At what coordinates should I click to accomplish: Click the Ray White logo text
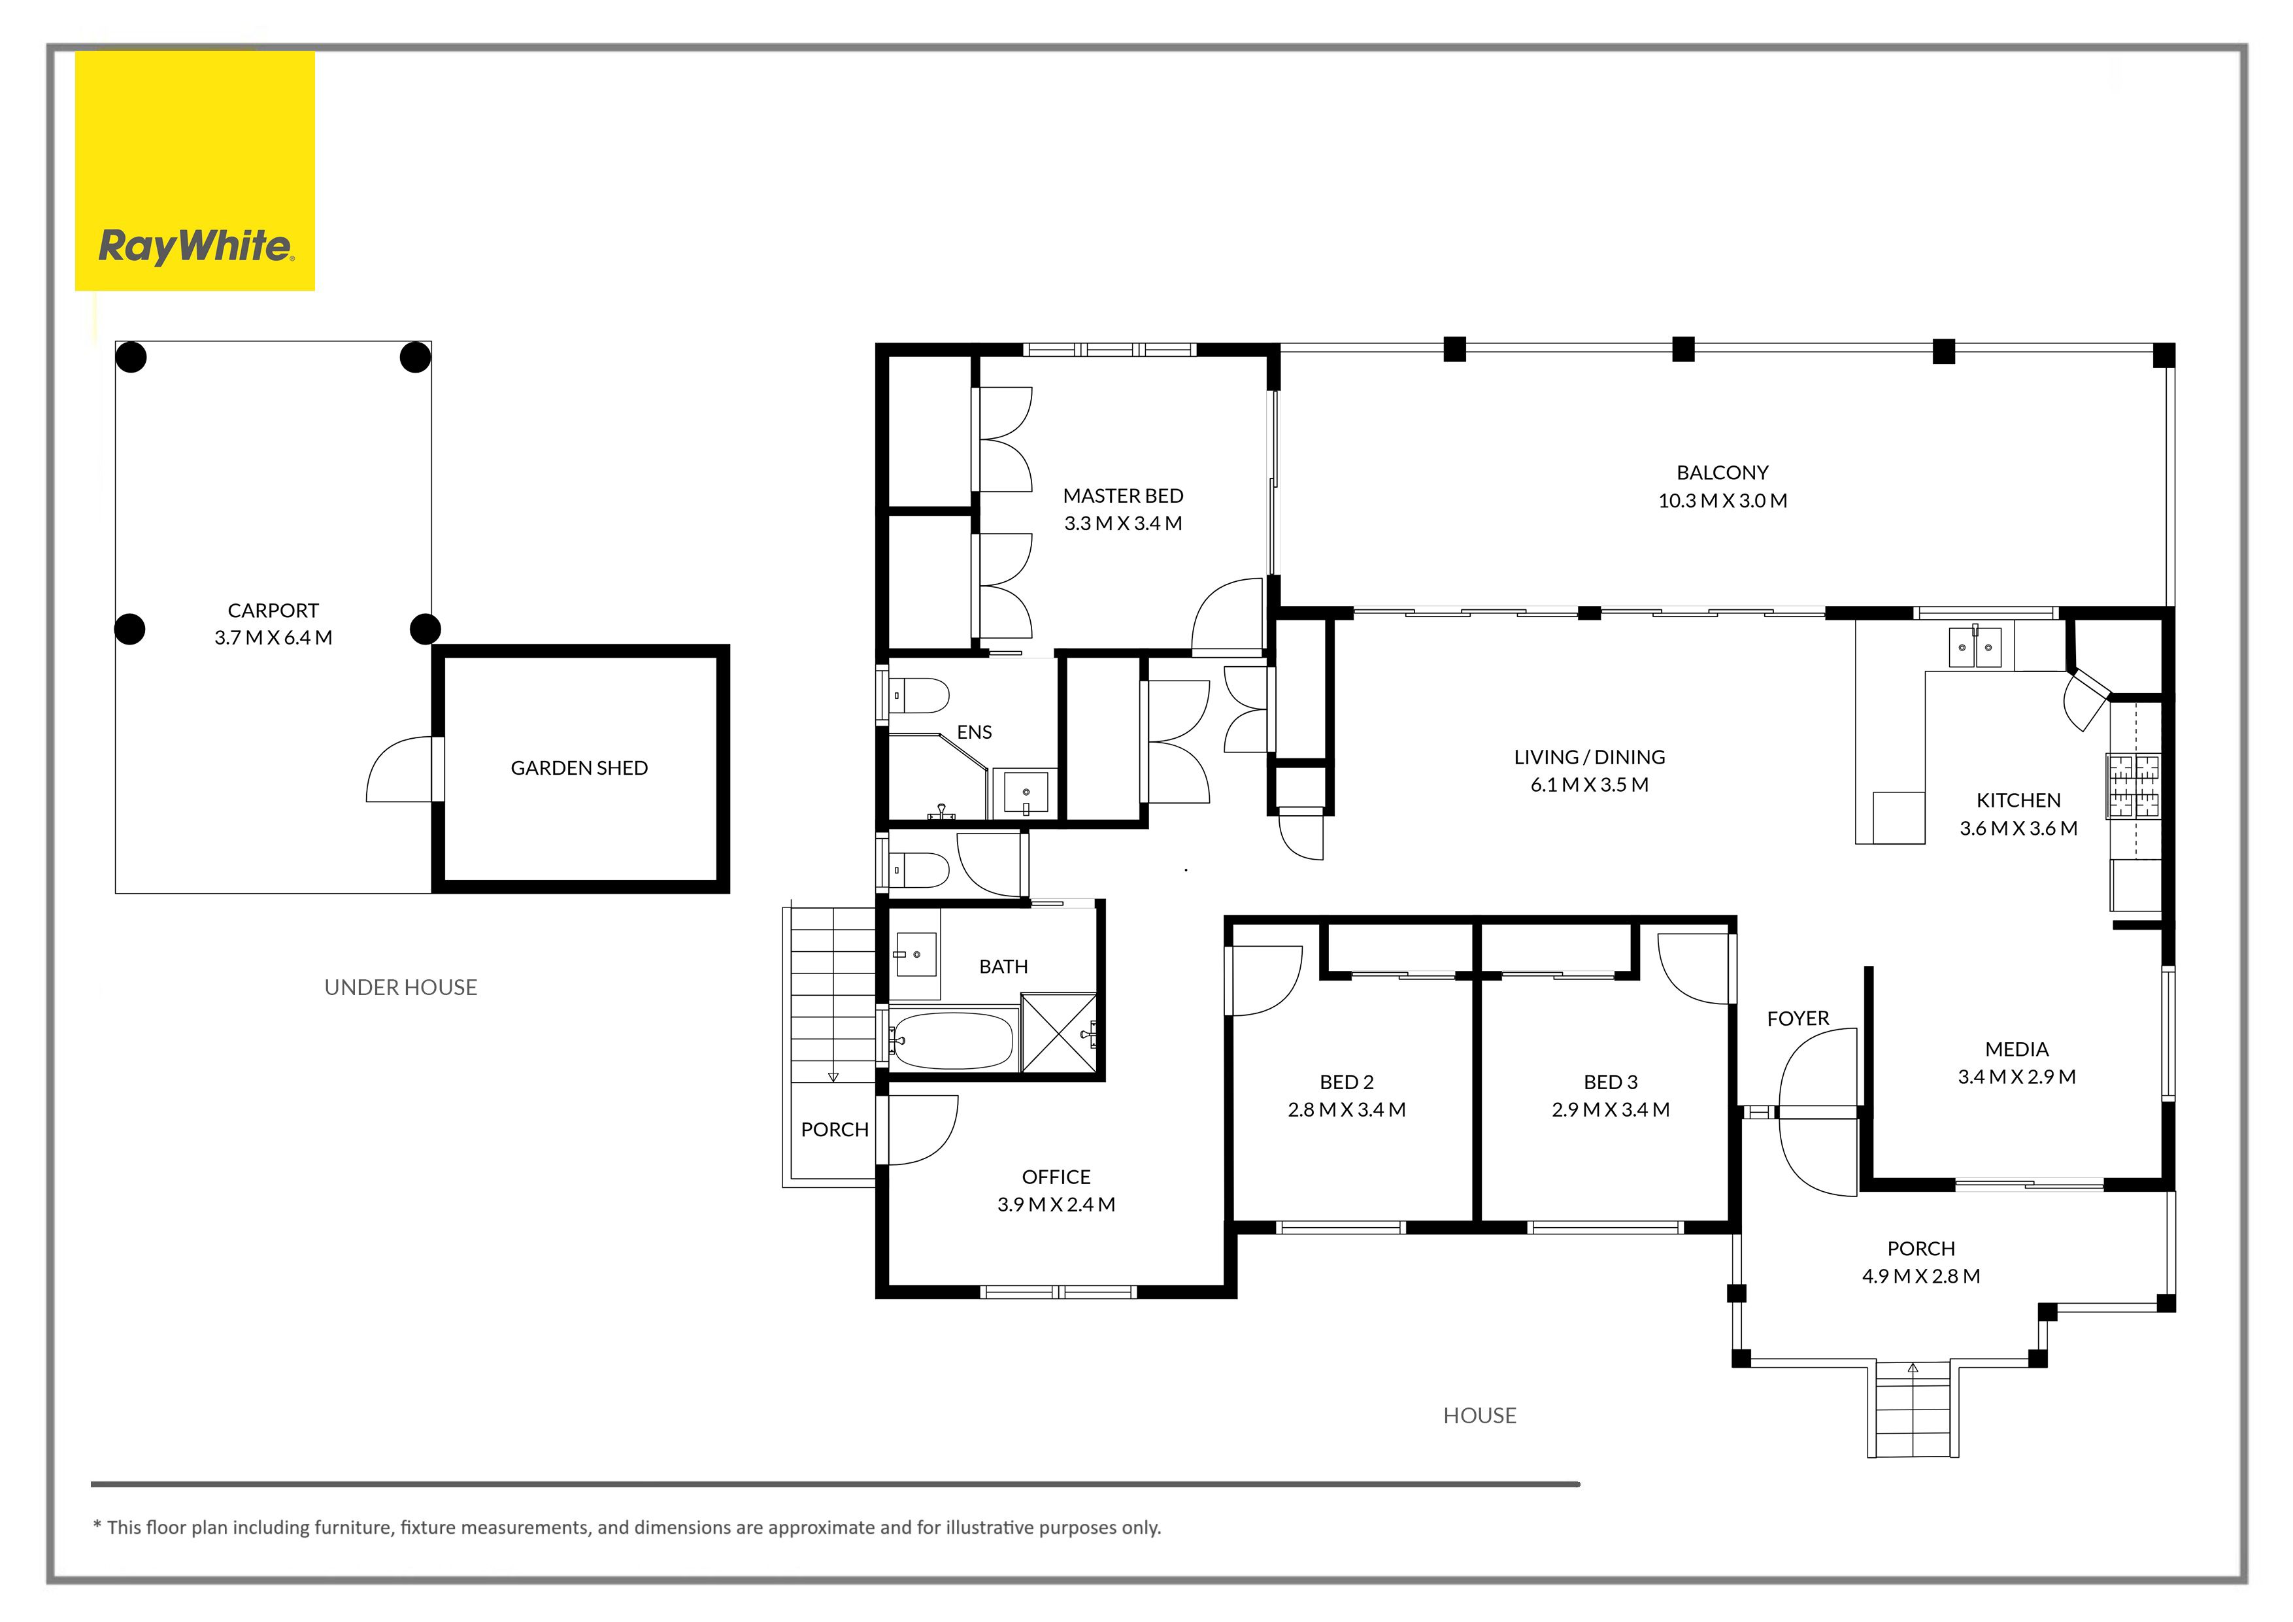[195, 246]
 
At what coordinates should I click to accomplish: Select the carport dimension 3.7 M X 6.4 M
[273, 637]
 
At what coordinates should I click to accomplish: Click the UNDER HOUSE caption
[401, 987]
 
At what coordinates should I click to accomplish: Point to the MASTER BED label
[1122, 496]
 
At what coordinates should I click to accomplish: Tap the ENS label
[974, 732]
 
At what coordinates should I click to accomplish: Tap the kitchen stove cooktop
[2134, 786]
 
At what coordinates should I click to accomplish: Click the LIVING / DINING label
[1589, 757]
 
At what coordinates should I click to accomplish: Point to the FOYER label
[1798, 1018]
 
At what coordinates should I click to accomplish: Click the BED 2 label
[1347, 1082]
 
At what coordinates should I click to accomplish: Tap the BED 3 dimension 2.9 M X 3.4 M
[1610, 1109]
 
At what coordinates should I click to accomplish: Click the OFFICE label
[1056, 1177]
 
